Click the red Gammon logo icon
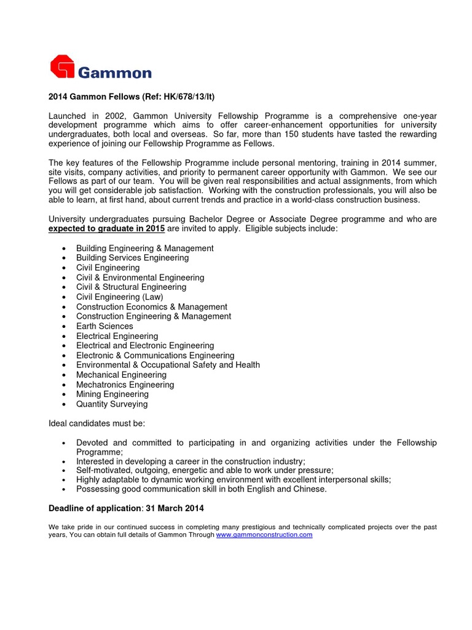(62, 67)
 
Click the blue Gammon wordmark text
(114, 73)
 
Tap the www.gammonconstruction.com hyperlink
(264, 535)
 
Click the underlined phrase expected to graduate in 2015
(106, 229)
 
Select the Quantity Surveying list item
(112, 404)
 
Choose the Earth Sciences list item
(104, 326)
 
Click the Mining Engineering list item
(112, 394)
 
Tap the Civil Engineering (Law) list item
(120, 297)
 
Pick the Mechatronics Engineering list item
(125, 385)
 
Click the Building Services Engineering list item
(132, 258)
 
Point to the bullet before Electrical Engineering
(65, 337)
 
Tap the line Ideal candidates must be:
(97, 424)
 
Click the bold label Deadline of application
(95, 509)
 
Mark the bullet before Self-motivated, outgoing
(65, 471)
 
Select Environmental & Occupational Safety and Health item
(168, 365)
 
